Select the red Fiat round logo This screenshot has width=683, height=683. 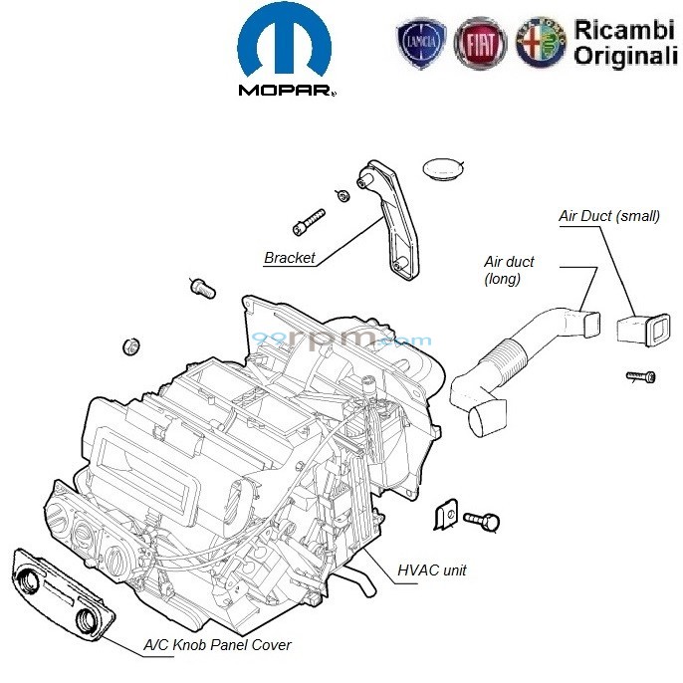[x=480, y=46]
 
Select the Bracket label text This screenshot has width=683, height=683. [x=289, y=258]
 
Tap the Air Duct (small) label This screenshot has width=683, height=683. [x=603, y=216]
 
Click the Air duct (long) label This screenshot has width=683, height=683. [x=509, y=270]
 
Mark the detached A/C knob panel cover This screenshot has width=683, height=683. [x=61, y=592]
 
